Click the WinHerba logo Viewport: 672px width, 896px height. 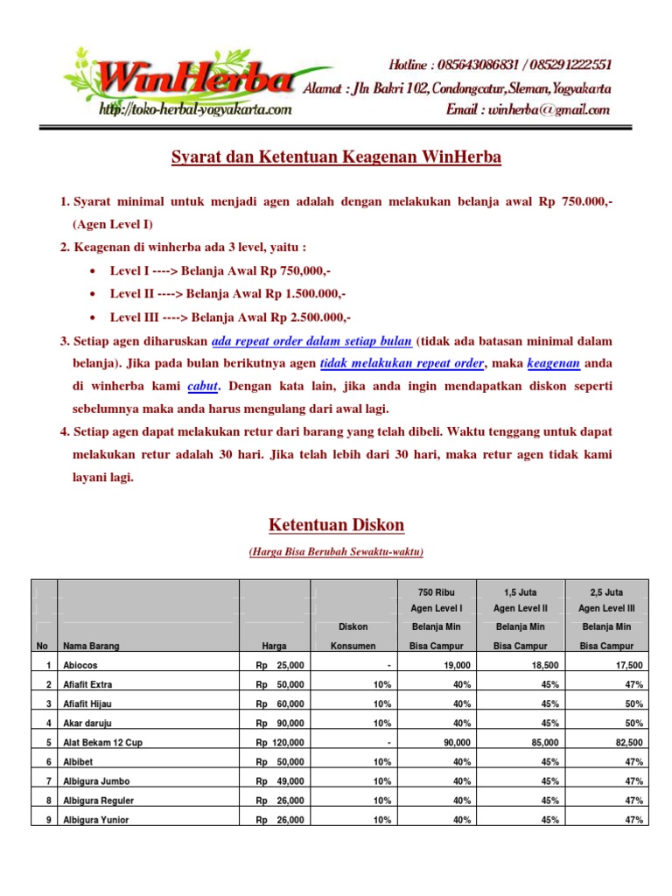(x=192, y=79)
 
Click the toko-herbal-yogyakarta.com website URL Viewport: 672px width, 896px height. (x=195, y=109)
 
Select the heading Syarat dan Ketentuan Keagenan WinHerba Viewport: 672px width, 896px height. (x=335, y=157)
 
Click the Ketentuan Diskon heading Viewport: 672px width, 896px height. (x=336, y=525)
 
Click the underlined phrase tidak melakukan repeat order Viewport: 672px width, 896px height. (x=402, y=363)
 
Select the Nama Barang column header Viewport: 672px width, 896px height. (x=91, y=646)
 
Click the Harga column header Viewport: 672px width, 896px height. (x=275, y=646)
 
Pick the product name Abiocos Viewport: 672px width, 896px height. (x=80, y=665)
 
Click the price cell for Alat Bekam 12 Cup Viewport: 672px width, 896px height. (x=280, y=742)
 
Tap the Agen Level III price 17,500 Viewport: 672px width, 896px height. (x=626, y=665)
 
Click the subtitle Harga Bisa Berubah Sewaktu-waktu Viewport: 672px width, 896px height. (x=336, y=552)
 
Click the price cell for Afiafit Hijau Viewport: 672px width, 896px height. (x=280, y=703)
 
